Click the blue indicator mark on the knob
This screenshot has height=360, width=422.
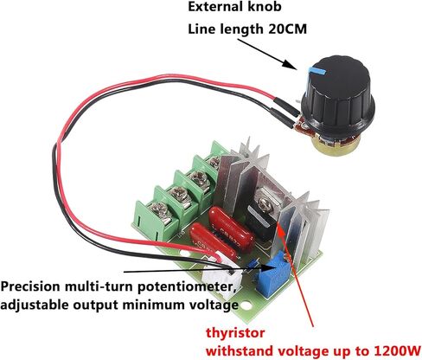tap(317, 69)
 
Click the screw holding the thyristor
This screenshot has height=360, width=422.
tap(264, 204)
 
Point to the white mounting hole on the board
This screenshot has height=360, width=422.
tap(245, 305)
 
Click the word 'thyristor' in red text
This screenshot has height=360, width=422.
tap(235, 334)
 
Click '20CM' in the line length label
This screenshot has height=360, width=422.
tap(287, 29)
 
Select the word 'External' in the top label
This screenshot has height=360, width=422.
tap(214, 7)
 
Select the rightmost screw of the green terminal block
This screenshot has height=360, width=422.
tap(214, 163)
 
